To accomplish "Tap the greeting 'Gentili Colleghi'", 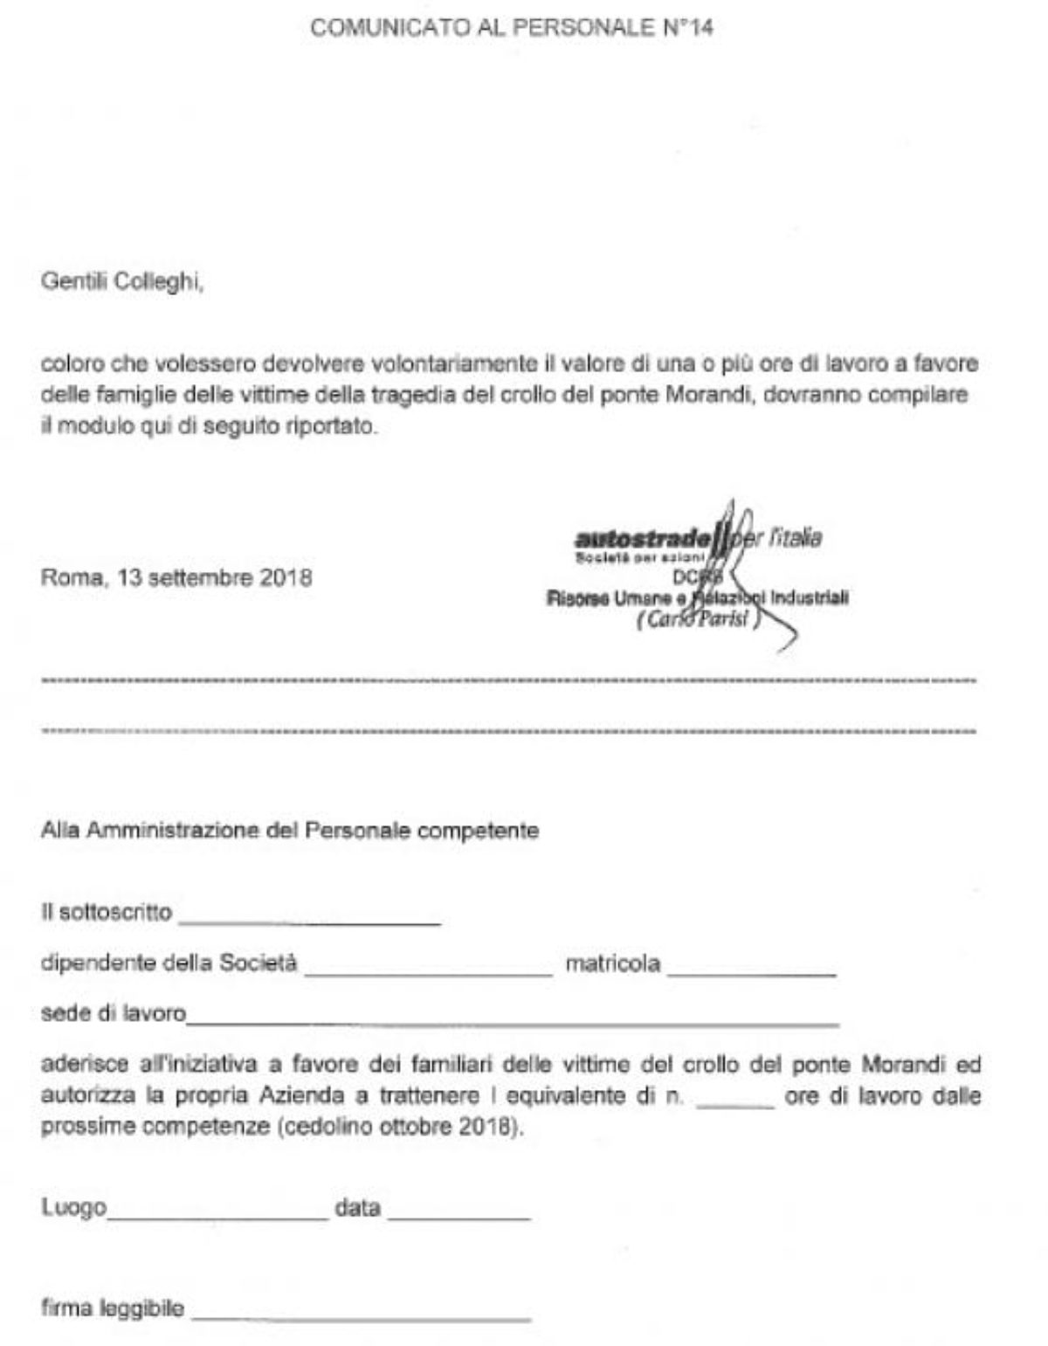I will pyautogui.click(x=121, y=283).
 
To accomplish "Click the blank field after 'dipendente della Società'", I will pyautogui.click(x=429, y=971).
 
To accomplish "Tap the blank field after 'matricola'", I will pyautogui.click(x=752, y=971).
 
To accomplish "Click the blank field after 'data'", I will pyautogui.click(x=459, y=1216).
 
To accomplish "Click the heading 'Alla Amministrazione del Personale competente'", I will pyautogui.click(x=289, y=830).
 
